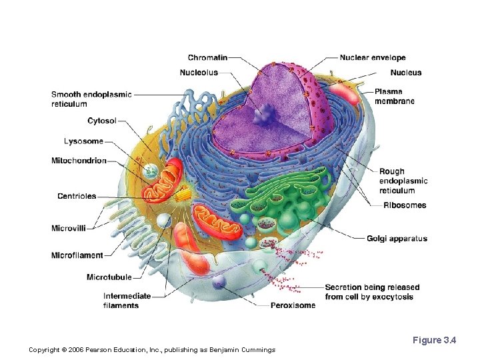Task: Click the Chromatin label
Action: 207,58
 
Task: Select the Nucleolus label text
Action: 199,73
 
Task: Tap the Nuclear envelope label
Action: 373,58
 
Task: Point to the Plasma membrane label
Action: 394,97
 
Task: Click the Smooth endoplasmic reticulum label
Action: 91,99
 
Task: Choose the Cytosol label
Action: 102,121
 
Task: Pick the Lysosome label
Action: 83,141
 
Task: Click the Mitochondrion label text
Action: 79,161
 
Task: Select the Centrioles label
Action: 77,196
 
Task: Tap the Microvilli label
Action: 69,229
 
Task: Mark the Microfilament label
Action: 77,255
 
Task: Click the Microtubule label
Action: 109,277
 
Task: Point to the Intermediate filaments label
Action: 127,301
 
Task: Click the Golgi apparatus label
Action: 397,239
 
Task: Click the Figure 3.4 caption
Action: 434,341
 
